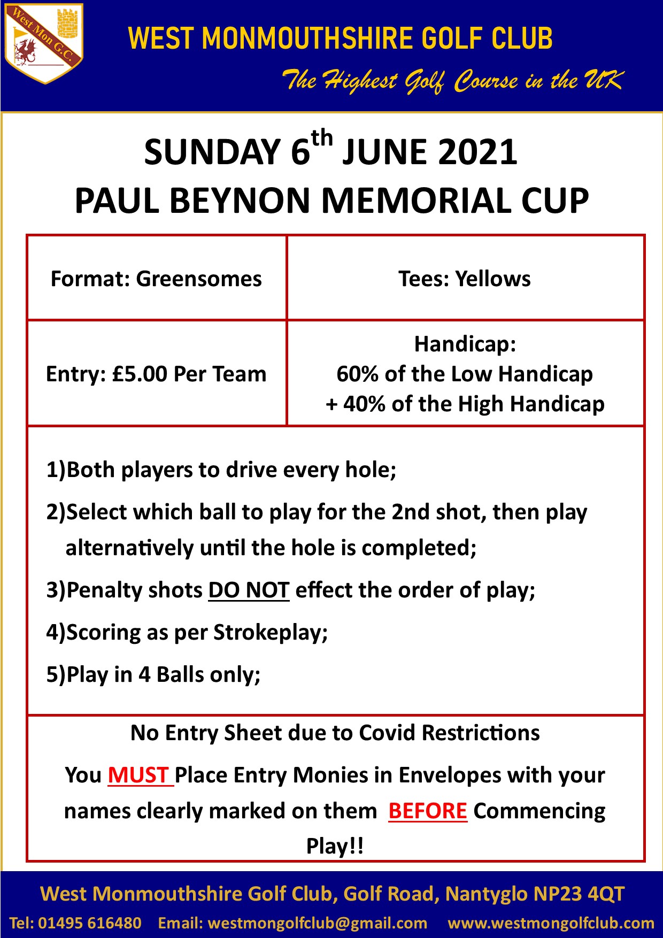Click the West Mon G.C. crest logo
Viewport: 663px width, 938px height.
click(44, 43)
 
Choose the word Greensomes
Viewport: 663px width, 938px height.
click(199, 279)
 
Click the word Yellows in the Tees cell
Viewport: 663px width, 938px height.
click(493, 279)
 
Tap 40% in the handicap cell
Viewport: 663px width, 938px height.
click(364, 404)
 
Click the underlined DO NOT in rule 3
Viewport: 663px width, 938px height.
click(249, 590)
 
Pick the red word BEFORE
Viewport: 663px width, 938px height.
click(428, 811)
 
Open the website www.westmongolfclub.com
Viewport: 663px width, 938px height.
click(551, 923)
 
